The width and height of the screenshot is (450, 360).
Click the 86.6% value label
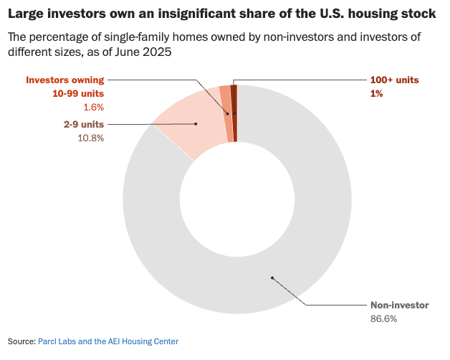(383, 318)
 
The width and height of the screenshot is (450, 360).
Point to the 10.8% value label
(90, 138)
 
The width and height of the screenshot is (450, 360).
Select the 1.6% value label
(93, 107)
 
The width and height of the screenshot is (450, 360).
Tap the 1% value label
(376, 94)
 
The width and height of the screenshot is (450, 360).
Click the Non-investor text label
(399, 305)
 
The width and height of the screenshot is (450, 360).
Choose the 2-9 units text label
(84, 124)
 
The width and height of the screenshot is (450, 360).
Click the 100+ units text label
(394, 80)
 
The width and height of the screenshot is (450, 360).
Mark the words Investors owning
(65, 80)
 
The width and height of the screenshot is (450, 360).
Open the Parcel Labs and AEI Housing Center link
(108, 341)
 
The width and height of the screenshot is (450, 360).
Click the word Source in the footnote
(21, 341)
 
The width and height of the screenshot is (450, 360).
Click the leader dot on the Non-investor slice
(272, 278)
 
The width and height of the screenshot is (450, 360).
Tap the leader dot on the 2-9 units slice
(196, 124)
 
